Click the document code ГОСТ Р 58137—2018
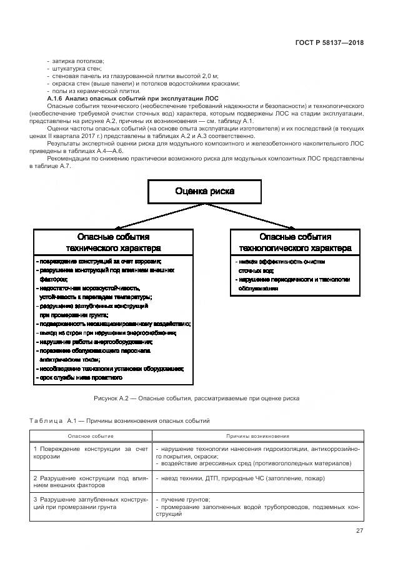(329, 43)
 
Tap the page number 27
(359, 531)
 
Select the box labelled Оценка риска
(205, 191)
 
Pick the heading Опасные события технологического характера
(295, 242)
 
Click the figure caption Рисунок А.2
(196, 398)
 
